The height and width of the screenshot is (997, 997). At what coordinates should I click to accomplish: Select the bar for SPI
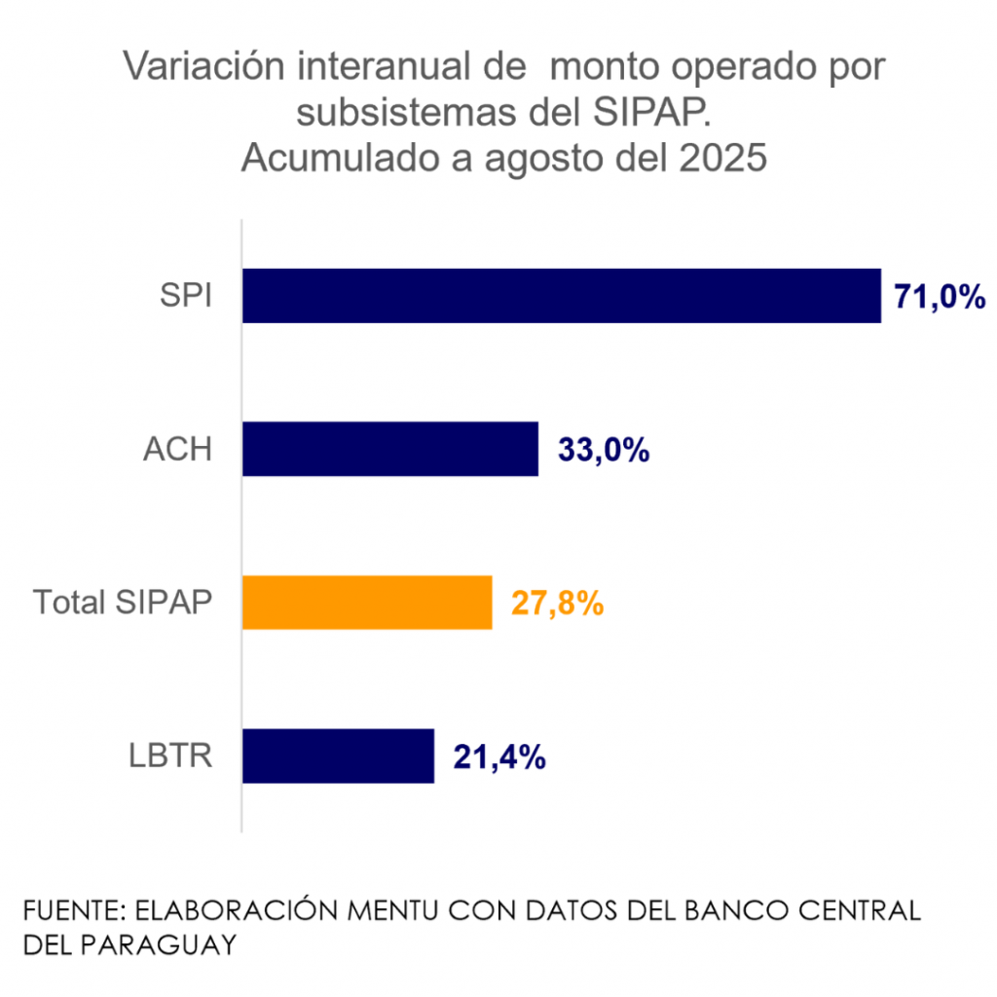pos(561,296)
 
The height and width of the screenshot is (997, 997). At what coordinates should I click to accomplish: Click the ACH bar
pos(389,449)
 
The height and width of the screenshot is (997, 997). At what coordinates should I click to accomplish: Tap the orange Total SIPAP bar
pos(367,603)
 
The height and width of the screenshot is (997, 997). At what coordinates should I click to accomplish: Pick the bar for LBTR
pos(338,756)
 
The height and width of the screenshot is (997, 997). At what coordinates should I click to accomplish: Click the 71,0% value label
pos(941,297)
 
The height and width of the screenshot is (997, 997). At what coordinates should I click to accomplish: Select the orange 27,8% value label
pos(557,604)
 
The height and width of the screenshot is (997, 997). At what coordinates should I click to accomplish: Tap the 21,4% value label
pos(498,757)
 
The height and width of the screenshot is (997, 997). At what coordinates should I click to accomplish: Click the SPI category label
pos(186,296)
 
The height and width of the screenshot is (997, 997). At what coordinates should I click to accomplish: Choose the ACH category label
pos(177,450)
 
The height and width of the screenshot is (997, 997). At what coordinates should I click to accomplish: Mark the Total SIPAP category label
pos(123,603)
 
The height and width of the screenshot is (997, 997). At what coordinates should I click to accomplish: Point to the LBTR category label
pos(171,756)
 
